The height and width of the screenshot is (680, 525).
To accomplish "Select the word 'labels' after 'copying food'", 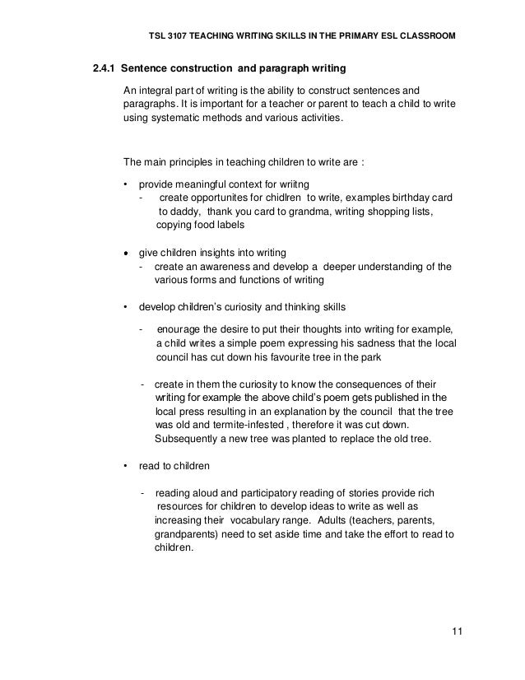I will click(x=228, y=226).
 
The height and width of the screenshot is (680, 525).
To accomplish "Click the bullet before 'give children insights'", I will click(x=125, y=253).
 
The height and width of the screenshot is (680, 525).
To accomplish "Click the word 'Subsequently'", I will click(x=185, y=439).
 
